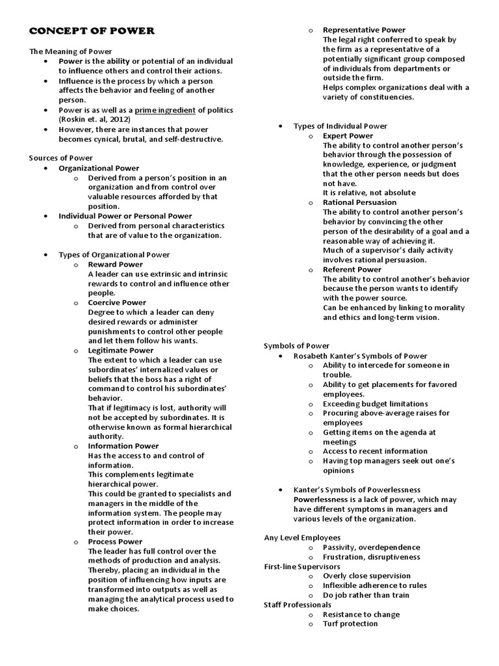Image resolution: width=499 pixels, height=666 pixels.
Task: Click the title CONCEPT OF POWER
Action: coord(92,31)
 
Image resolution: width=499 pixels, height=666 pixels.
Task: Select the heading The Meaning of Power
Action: coord(70,51)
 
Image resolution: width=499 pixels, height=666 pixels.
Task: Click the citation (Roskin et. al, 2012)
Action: coord(95,120)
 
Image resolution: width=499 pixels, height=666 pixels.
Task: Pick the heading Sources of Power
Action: coord(61,158)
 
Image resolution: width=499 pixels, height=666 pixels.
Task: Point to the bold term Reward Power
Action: coord(116,265)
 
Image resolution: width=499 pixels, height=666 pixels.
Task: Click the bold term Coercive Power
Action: coord(117,302)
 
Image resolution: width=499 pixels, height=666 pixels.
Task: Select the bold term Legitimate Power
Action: coord(120,351)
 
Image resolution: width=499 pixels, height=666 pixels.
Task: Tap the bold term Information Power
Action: coord(123,446)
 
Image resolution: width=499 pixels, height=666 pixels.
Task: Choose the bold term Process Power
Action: coord(115,542)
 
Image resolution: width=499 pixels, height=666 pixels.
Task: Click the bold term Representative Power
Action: coord(364,30)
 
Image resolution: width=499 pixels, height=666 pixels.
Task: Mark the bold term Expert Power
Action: coord(348,136)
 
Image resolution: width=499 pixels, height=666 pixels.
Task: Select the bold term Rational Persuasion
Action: coord(360,203)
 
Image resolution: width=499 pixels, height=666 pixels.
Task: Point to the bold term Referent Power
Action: coord(352,269)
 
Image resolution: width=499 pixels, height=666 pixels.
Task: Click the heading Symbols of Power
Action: coord(296,346)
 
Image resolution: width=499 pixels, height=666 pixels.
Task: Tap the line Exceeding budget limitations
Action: coord(375,404)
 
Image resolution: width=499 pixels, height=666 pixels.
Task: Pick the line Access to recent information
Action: coord(375,451)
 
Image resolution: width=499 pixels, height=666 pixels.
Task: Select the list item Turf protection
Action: coord(350,624)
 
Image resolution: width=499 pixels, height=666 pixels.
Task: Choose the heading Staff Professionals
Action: coord(297,605)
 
